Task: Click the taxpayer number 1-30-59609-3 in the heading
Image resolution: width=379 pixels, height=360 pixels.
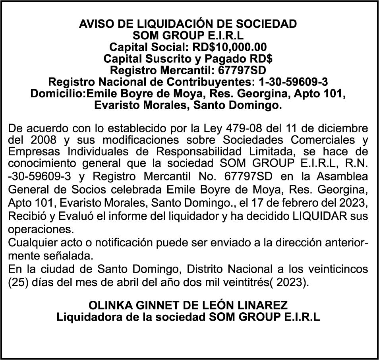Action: pyautogui.click(x=293, y=83)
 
